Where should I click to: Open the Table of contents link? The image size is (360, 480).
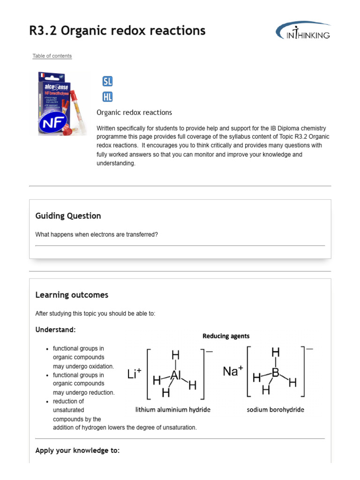pos(52,56)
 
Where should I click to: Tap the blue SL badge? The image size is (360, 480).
pos(107,81)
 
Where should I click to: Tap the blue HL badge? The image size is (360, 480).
pos(107,97)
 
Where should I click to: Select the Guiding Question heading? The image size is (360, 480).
pos(68,216)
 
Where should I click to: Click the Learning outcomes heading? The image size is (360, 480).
pos(72,295)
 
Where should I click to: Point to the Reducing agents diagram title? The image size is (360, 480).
pos(226,336)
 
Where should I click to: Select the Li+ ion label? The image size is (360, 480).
pos(135,374)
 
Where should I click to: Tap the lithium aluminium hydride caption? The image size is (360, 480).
pos(173,410)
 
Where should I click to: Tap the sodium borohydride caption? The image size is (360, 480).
pos(275,410)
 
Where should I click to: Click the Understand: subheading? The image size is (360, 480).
pos(55,330)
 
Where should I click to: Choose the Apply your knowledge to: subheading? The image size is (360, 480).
pos(77,450)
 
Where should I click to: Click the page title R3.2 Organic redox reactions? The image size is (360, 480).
pos(117,31)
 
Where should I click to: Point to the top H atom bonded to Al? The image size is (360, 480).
pos(175,354)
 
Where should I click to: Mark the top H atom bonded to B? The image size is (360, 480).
pos(276,352)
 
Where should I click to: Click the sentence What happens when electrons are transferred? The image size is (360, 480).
pos(97,234)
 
